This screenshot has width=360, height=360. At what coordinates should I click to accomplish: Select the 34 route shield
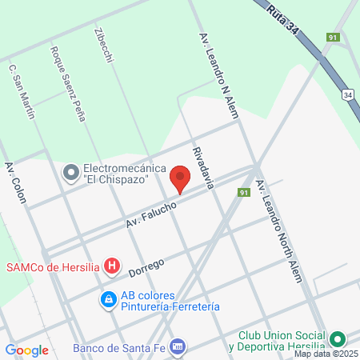tap(347, 94)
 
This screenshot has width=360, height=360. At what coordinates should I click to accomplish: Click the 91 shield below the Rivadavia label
tap(244, 193)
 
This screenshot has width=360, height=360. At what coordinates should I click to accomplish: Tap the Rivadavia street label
tap(203, 167)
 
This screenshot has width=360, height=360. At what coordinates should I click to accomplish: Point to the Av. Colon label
tap(15, 183)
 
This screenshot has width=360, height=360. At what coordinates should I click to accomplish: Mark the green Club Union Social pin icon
tap(337, 340)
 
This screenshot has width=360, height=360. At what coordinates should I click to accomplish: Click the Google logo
tap(26, 350)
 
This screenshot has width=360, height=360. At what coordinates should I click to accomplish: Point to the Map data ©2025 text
tap(325, 354)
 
